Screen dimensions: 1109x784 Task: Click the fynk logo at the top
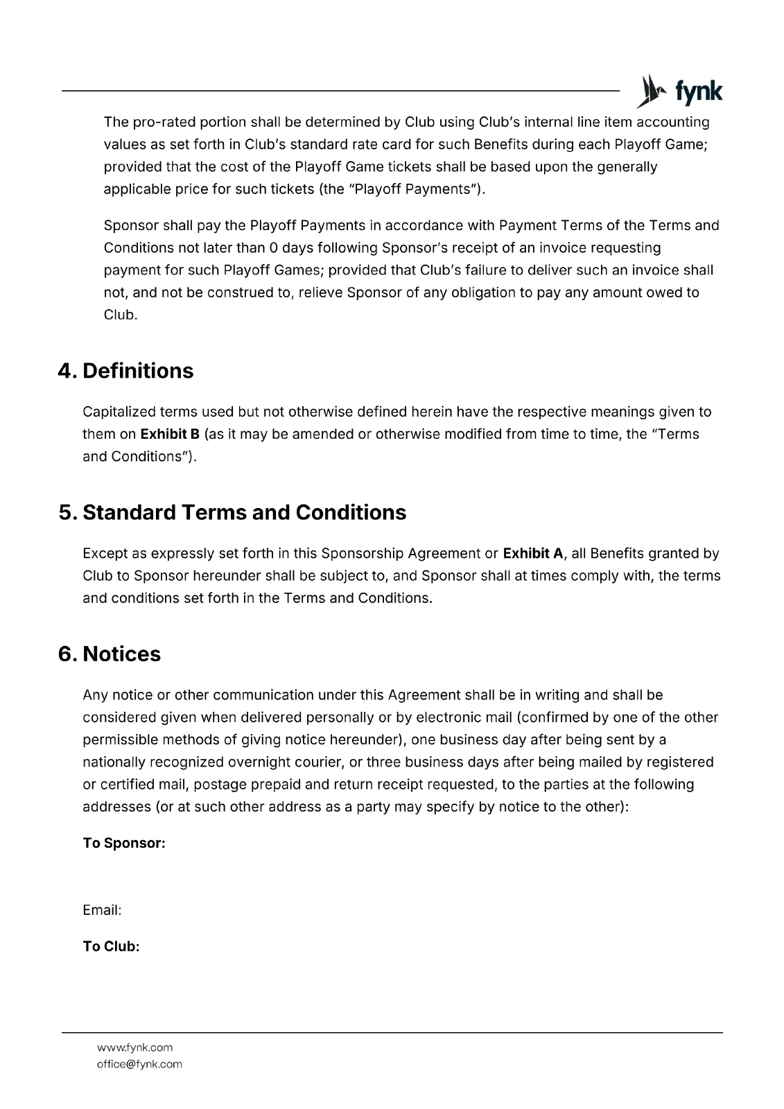point(679,91)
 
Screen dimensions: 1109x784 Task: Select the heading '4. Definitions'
point(125,371)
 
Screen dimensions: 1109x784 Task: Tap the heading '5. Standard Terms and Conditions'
point(232,512)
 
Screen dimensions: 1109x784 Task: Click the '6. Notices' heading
point(110,654)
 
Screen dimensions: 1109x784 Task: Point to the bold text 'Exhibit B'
point(170,434)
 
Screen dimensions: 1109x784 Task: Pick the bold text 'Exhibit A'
point(532,553)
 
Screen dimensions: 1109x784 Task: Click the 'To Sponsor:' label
point(124,843)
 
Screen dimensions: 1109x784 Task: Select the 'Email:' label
point(102,910)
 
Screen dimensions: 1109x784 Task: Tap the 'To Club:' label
point(111,946)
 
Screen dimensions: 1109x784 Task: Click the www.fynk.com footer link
point(134,1047)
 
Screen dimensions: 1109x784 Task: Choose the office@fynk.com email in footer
point(139,1064)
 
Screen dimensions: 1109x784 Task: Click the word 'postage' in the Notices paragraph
point(221,784)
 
